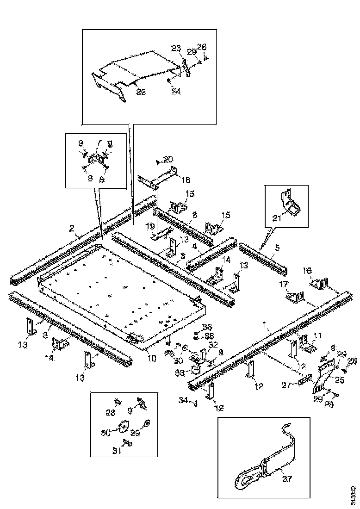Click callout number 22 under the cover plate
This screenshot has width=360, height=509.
coord(141,91)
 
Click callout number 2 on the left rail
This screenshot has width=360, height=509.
coord(72,229)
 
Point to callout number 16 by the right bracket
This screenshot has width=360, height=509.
coord(307,270)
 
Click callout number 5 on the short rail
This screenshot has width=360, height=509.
coord(276,248)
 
